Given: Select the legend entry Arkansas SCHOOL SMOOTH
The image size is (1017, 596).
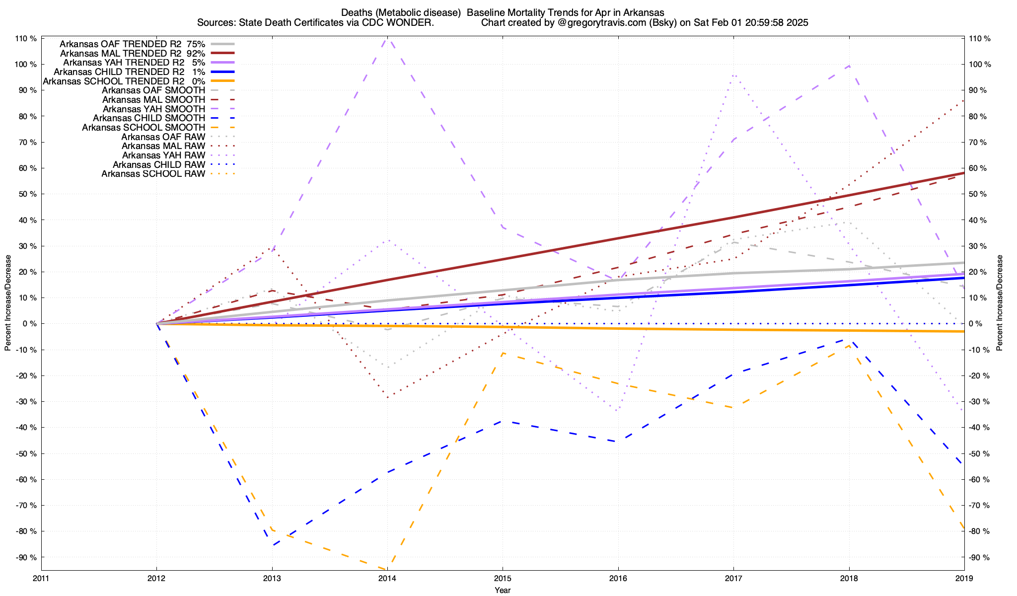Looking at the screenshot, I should click(x=144, y=128).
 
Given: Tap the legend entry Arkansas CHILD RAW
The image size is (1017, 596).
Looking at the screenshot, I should click(x=159, y=165).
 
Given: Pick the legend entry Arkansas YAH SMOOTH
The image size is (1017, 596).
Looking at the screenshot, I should click(x=154, y=109).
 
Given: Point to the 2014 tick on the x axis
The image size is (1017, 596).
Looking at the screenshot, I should click(x=387, y=578).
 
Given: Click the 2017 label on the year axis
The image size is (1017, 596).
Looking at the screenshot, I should click(x=733, y=578).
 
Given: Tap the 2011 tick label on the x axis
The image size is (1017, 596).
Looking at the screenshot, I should click(x=41, y=578).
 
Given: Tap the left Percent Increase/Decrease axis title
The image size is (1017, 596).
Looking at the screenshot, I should click(x=8, y=303).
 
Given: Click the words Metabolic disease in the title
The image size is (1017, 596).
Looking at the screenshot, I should click(x=419, y=12).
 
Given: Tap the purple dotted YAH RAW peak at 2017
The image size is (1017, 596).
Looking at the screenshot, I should click(x=733, y=75).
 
